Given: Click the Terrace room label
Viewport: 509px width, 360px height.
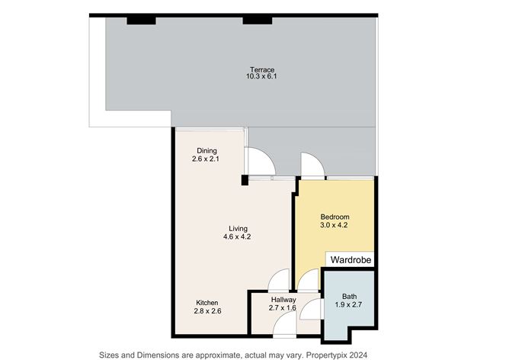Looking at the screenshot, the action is coord(262,69).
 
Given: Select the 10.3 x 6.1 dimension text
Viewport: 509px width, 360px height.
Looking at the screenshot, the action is coord(261,77).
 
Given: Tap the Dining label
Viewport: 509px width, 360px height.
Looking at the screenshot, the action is coord(206,151).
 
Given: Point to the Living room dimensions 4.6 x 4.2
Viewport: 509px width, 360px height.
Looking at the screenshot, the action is coord(237,237).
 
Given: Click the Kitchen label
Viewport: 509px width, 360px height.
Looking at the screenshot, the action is coord(207,303).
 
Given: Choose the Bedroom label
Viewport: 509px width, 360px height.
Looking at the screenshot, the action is coord(335,217).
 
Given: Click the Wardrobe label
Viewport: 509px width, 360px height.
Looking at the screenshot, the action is coord(351,260).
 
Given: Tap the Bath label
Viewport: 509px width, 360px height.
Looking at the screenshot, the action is coord(349,297).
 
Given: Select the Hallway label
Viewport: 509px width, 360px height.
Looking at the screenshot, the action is coord(283,300).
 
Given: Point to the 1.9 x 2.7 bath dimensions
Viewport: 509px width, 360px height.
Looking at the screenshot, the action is coord(349,305).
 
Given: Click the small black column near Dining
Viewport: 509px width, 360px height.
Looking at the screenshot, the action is coord(245,180).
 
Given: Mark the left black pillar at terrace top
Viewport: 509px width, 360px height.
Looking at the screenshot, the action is coord(141,21).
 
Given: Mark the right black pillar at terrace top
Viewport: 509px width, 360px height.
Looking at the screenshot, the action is coord(258,21).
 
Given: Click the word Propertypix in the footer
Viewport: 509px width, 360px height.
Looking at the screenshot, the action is coord(328,355).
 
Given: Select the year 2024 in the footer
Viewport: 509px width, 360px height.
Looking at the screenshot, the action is coord(360,355).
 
